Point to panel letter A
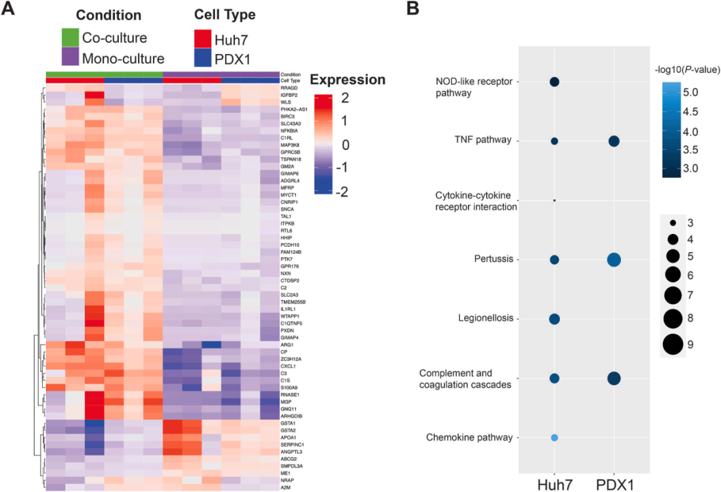[9, 9]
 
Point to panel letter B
[413, 9]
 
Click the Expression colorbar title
[348, 80]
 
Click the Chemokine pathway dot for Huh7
[554, 438]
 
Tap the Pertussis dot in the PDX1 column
[614, 260]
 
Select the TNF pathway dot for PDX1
[614, 141]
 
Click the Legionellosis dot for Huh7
[554, 319]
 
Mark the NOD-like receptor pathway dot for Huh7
[554, 82]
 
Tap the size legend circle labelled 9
[673, 344]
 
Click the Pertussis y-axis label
[493, 259]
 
